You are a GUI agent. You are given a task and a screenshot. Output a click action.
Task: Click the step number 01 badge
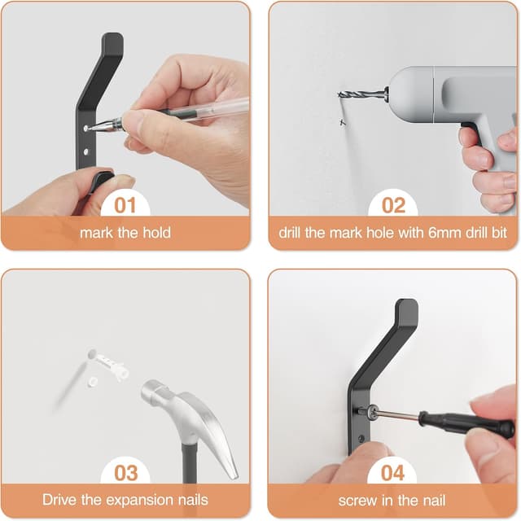[125, 204]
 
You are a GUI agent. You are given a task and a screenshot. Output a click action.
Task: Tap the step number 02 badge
[392, 204]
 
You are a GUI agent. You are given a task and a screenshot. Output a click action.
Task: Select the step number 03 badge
[125, 472]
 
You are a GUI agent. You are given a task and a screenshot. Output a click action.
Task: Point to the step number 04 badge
[392, 472]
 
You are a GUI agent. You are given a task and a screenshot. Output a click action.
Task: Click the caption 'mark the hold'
[125, 233]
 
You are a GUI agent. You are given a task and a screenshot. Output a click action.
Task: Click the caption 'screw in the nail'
[392, 500]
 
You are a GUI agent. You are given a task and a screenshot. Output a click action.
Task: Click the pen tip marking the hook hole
[91, 127]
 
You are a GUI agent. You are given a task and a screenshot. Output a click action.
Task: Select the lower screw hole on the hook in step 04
[360, 440]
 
